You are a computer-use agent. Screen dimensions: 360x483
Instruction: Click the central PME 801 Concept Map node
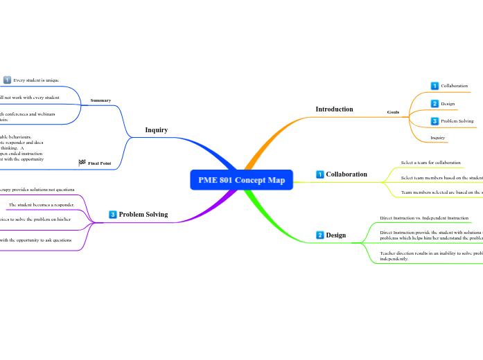(241, 180)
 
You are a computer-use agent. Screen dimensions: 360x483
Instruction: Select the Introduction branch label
(334, 109)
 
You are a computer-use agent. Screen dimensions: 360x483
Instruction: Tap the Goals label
(393, 111)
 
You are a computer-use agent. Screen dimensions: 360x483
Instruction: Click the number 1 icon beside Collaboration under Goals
(434, 86)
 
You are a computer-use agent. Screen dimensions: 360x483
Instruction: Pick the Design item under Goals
(448, 104)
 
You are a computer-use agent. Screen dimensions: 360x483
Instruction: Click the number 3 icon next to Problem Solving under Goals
(434, 121)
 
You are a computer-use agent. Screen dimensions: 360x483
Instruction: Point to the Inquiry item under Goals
(437, 138)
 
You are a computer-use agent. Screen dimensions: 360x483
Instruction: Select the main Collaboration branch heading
(346, 174)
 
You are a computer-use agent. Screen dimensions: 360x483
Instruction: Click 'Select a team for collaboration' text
(430, 163)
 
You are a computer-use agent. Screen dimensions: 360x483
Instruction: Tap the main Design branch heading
(335, 235)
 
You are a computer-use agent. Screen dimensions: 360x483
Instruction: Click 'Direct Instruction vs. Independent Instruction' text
(424, 218)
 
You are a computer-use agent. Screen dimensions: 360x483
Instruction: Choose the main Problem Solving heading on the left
(143, 215)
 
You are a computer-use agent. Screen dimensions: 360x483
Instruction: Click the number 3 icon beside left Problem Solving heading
(113, 215)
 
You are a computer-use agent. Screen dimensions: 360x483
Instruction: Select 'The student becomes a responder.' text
(41, 205)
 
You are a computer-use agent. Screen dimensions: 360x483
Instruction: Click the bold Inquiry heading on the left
(156, 129)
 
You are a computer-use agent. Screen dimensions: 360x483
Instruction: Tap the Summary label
(100, 100)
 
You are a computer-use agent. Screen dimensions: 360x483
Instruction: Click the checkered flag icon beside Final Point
(82, 163)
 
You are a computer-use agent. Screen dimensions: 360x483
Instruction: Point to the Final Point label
(100, 163)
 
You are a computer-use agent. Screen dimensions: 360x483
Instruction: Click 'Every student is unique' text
(36, 80)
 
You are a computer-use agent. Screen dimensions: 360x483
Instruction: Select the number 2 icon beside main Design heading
(319, 235)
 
